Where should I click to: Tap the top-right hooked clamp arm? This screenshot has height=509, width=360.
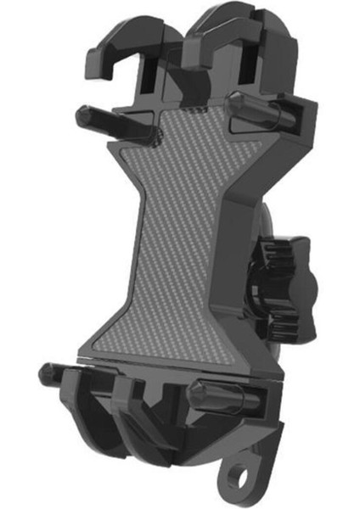coord(229,34)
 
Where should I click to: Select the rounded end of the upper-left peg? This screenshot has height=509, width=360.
coord(82,115)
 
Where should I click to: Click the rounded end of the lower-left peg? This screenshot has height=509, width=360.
coord(47,372)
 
